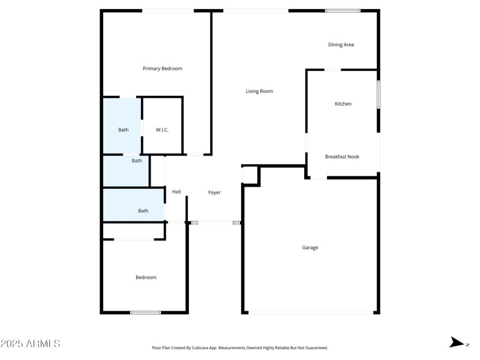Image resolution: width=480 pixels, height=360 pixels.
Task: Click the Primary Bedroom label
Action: pos(162,68)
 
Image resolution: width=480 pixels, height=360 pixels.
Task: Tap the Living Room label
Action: pos(259,91)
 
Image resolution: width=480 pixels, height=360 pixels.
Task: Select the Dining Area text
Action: pos(341,44)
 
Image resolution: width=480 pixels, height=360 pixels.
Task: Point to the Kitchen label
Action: pos(343,104)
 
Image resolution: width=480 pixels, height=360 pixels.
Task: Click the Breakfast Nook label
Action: pos(342,157)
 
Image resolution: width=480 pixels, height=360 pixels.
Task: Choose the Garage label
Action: pos(310,247)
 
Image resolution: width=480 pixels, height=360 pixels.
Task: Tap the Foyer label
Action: pos(214,193)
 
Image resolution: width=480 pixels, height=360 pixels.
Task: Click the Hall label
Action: pos(176,192)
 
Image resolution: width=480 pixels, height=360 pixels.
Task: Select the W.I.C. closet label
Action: pos(162,130)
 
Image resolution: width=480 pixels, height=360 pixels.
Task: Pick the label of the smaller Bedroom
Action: pos(146,277)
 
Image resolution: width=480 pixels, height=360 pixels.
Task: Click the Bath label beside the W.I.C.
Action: pos(123,130)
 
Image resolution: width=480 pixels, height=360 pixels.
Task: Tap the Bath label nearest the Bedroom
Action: pos(143,211)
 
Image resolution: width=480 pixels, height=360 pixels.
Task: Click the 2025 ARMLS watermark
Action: pos(30,344)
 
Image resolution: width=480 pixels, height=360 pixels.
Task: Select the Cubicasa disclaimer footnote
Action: pos(240,348)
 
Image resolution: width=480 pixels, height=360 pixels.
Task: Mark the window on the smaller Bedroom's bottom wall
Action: pos(146,312)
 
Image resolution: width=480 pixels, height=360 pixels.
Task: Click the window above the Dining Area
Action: pos(343,11)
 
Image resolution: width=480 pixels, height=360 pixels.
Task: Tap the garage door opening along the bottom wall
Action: pos(310,312)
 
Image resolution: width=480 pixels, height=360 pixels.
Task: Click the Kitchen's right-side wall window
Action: pos(378,95)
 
